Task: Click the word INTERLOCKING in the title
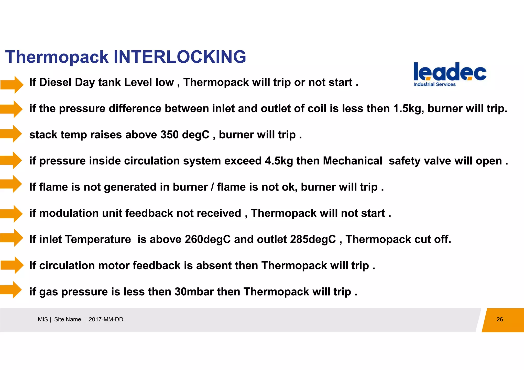pos(180,57)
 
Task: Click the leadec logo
pos(450,72)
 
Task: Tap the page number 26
pos(499,319)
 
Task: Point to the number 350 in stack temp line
pos(169,135)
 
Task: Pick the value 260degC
pos(208,239)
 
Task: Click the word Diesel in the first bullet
pos(55,82)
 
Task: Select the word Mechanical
pos(352,161)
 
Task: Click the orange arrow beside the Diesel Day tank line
pos(12,85)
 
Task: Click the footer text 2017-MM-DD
pos(106,319)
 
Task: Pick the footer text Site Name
pos(68,319)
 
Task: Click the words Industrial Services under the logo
pos(434,84)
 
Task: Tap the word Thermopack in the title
pos(57,57)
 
